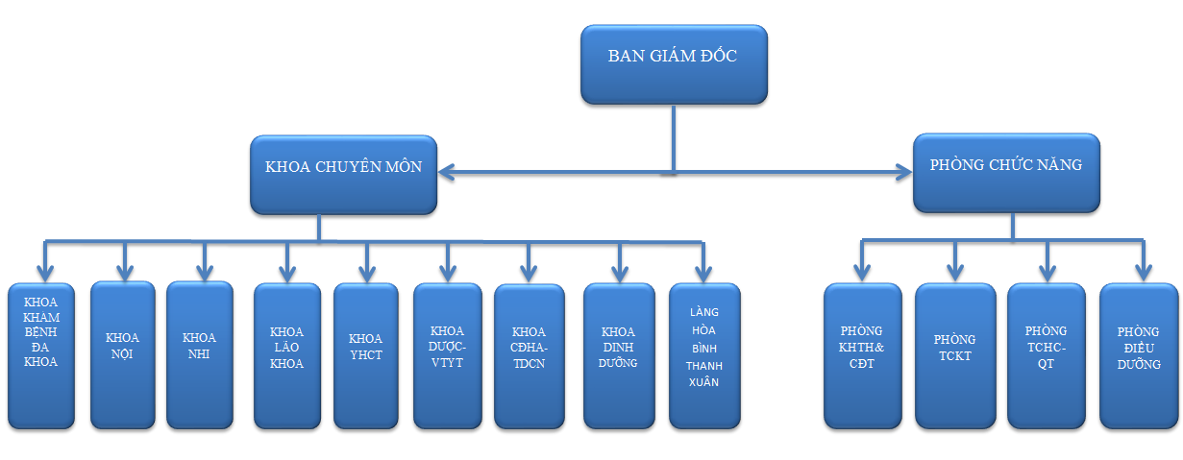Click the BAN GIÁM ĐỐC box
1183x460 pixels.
tap(673, 63)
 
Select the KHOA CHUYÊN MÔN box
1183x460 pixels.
tap(343, 173)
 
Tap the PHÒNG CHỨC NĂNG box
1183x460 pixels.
tap(1006, 172)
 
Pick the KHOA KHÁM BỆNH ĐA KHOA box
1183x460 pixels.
tap(40, 354)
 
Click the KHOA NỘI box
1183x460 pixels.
tap(122, 354)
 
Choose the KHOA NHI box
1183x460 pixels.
tap(200, 354)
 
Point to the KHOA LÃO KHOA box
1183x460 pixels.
tap(286, 354)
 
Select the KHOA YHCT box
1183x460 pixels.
tap(365, 354)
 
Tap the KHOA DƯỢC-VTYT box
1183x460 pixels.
tap(447, 354)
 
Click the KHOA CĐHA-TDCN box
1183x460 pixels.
tap(529, 354)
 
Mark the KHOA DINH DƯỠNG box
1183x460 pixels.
tap(619, 354)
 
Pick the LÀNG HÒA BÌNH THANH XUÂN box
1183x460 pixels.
tap(703, 354)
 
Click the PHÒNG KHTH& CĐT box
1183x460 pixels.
tap(862, 354)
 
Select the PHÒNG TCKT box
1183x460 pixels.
tap(954, 354)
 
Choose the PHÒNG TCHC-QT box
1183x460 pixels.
tap(1046, 354)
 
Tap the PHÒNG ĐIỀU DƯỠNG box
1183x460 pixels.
tap(1138, 354)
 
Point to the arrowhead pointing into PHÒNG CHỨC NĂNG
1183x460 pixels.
tap(903, 173)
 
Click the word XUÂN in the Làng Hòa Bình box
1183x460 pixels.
tap(704, 383)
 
